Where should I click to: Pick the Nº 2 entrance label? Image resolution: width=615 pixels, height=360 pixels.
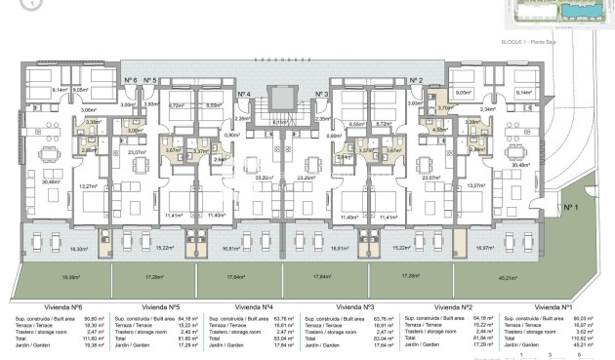tap(417, 80)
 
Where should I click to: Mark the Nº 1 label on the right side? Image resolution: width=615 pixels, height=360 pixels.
tap(571, 207)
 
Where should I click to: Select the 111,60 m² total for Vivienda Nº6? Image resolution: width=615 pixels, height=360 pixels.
tap(96, 338)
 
